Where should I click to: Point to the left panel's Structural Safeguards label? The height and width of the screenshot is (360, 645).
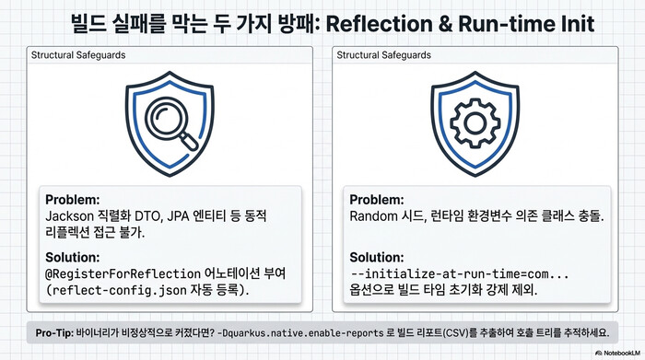pos(78,55)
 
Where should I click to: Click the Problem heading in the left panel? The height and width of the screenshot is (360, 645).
pos(72,200)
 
